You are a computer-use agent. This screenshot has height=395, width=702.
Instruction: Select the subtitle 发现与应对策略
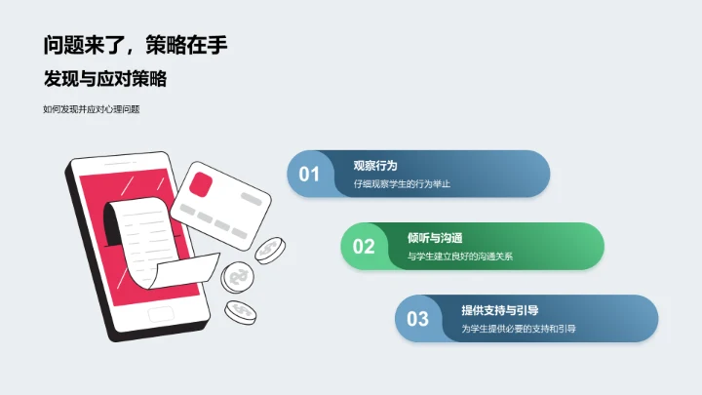[111, 79]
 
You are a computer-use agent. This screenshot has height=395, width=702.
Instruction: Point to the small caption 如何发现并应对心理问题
[92, 109]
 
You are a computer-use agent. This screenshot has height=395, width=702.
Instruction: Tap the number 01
[309, 175]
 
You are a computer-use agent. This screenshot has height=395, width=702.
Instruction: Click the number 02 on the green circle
[364, 247]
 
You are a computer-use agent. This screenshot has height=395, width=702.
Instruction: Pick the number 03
[418, 319]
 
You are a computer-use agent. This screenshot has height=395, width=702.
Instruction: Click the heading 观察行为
[375, 166]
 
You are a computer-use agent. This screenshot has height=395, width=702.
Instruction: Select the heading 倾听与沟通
[435, 238]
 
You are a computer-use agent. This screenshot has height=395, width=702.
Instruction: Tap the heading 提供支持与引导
[500, 310]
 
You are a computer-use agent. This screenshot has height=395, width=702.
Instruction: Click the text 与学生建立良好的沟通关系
[460, 257]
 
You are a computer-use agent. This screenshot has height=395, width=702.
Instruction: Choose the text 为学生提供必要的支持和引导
[518, 329]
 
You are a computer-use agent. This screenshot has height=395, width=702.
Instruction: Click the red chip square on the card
[201, 183]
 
